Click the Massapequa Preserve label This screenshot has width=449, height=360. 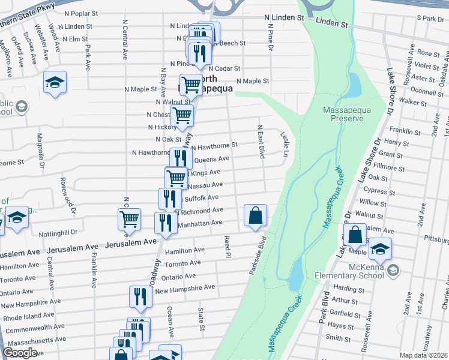coord(343,114)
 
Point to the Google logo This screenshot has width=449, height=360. coord(20,353)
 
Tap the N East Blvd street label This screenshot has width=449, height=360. coord(261,142)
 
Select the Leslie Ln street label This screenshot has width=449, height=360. coord(285,145)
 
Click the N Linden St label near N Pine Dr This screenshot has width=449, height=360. coord(285,19)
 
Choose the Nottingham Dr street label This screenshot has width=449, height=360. coord(58,232)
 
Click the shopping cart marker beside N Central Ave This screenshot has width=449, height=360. coord(130,219)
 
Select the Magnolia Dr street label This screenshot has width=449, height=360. coord(40,151)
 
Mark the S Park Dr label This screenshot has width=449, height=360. coord(430,19)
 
